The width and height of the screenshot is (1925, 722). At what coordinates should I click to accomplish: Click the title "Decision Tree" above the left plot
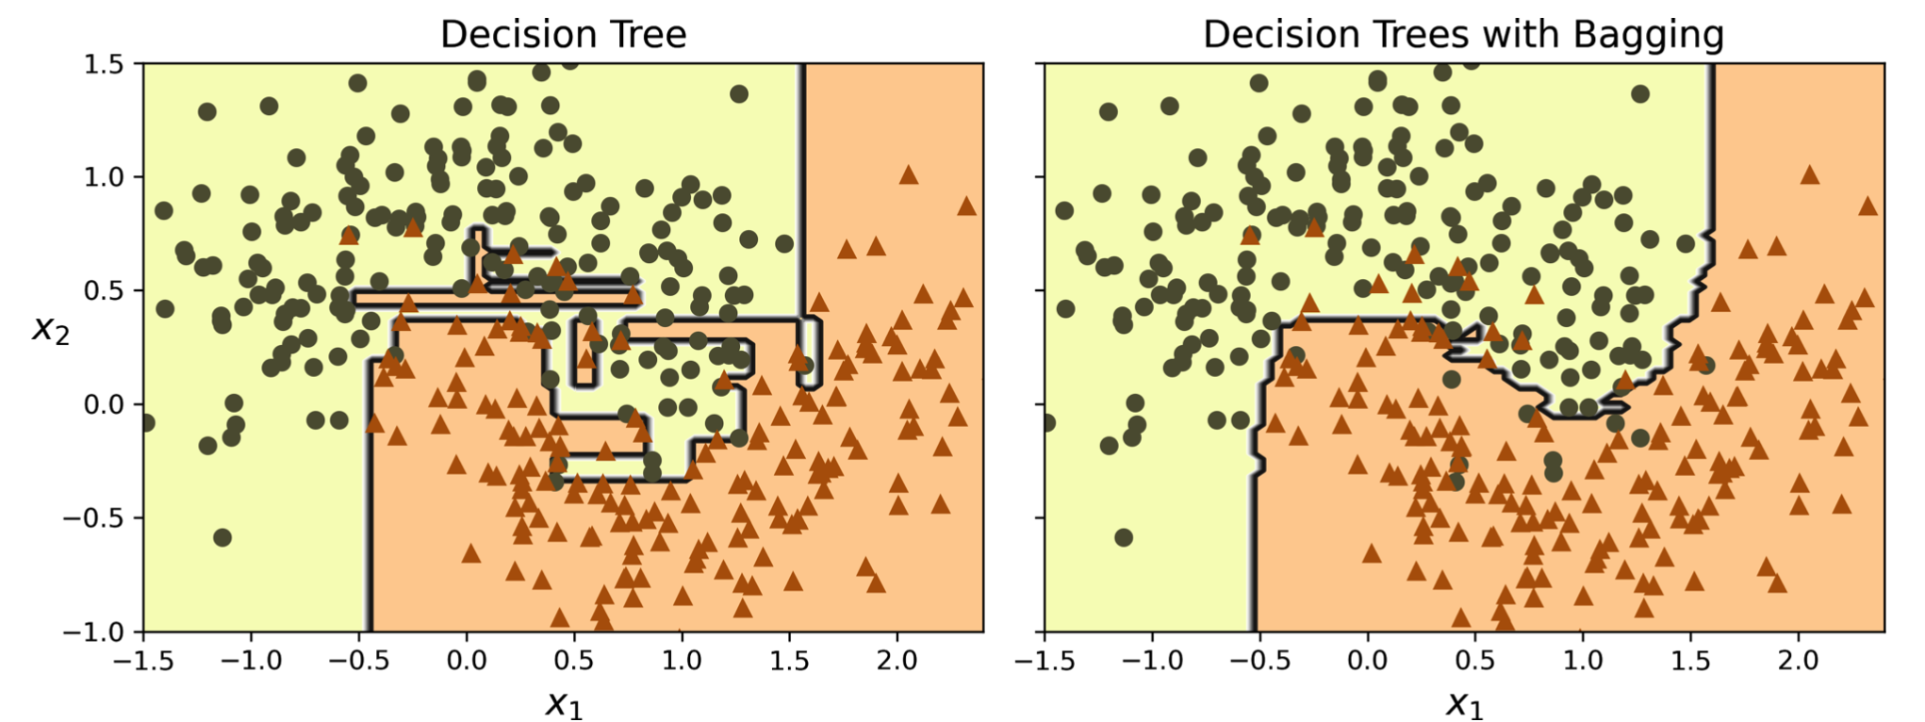pyautogui.click(x=563, y=35)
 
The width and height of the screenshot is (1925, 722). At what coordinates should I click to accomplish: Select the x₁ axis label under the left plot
pyautogui.click(x=564, y=702)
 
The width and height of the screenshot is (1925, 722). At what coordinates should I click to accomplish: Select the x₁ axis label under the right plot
pyautogui.click(x=1464, y=702)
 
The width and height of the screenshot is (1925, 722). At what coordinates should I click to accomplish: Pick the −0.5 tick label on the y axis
pyautogui.click(x=93, y=517)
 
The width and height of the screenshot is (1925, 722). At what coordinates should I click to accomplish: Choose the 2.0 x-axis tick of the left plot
pyautogui.click(x=897, y=660)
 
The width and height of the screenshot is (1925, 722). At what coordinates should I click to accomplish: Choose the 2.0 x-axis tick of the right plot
pyautogui.click(x=1798, y=660)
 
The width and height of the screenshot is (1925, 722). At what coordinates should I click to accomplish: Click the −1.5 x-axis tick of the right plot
pyautogui.click(x=1044, y=660)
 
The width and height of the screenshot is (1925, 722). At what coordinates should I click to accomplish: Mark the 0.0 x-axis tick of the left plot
pyautogui.click(x=466, y=660)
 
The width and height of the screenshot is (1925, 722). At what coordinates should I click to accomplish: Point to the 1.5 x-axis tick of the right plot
pyautogui.click(x=1690, y=660)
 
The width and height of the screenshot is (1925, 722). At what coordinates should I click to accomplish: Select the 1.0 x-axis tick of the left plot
pyautogui.click(x=682, y=660)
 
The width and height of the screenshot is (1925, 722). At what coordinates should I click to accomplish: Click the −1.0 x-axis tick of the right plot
pyautogui.click(x=1151, y=660)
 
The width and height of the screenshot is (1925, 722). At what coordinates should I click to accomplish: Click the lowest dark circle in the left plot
pyautogui.click(x=222, y=537)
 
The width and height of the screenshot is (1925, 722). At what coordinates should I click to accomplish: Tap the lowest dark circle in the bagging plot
pyautogui.click(x=1124, y=537)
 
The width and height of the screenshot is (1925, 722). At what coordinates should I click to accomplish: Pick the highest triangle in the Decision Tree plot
pyautogui.click(x=909, y=174)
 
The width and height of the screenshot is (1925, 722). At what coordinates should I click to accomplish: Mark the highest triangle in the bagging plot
pyautogui.click(x=1810, y=174)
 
